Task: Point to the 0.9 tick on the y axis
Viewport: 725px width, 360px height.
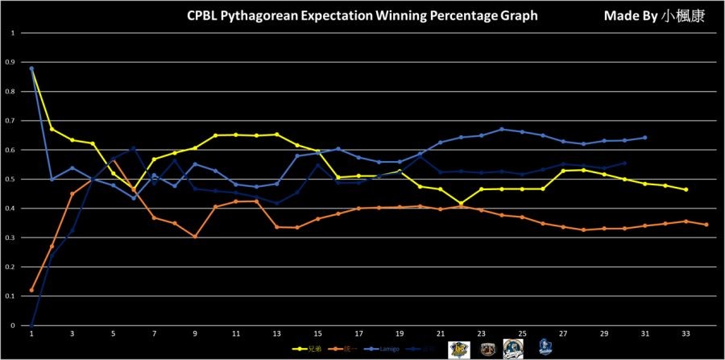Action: click(11, 62)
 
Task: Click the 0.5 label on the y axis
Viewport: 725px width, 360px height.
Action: click(11, 179)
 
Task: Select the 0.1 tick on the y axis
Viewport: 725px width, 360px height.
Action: click(11, 296)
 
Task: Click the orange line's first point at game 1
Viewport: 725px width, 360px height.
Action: click(31, 290)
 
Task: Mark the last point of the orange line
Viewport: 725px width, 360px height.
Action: click(706, 225)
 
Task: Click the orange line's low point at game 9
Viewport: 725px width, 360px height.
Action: click(195, 237)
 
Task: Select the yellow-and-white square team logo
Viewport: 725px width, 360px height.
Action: click(461, 348)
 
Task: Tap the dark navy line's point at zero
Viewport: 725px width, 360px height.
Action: click(31, 325)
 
